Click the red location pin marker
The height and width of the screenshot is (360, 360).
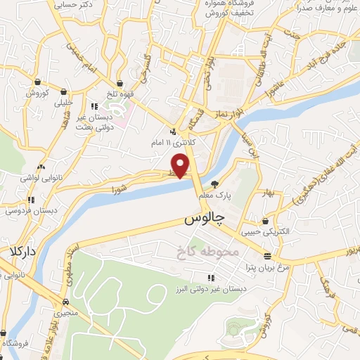pos(181,165)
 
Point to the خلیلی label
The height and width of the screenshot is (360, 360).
pos(64,102)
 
